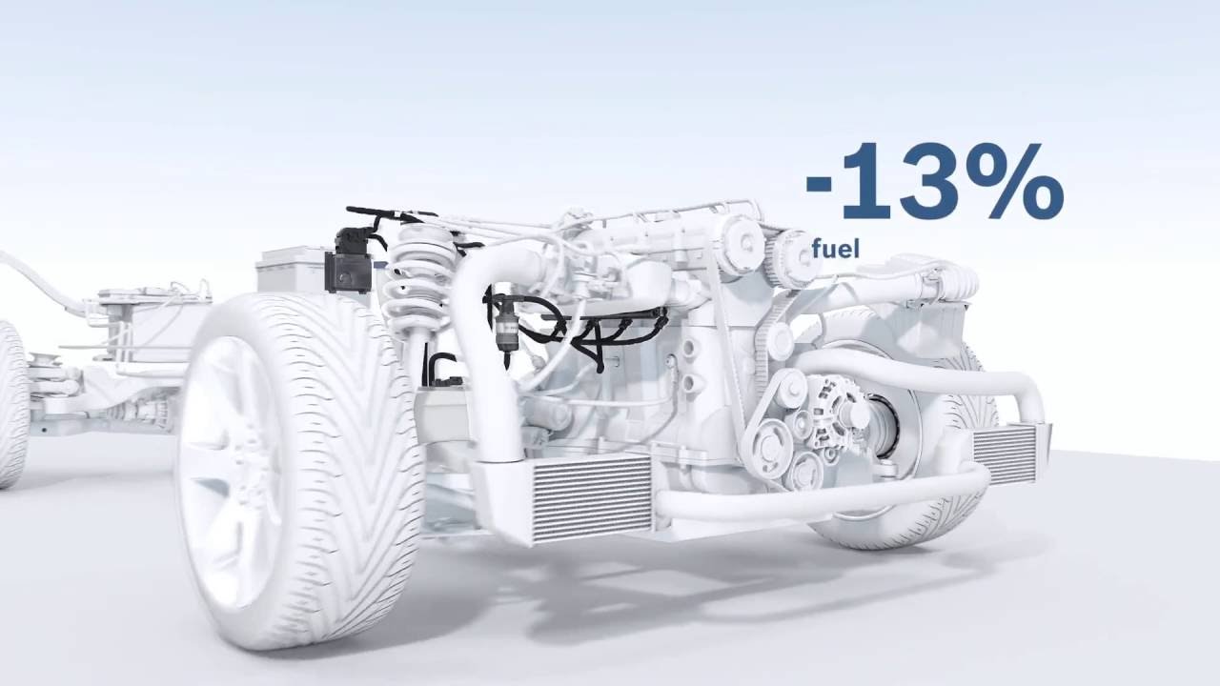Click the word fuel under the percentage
coord(835,250)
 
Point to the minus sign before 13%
coord(822,184)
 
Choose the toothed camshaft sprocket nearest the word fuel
coord(791,257)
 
